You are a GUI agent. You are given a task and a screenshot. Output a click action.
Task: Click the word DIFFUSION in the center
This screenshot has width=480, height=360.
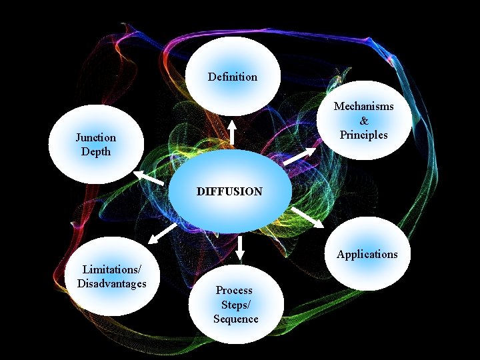(229, 191)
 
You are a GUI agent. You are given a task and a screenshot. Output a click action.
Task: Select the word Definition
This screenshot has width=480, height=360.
(232, 77)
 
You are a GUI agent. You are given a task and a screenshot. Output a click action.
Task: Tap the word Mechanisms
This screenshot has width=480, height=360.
(363, 106)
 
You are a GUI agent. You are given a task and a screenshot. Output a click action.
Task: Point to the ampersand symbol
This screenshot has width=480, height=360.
(363, 121)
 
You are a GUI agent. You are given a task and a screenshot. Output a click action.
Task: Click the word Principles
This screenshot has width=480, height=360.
(363, 135)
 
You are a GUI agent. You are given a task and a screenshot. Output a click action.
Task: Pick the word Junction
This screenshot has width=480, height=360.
(95, 137)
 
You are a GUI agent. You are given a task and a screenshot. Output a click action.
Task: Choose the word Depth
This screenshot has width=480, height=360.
(95, 151)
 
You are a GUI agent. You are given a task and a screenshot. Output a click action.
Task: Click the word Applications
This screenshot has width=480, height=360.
(367, 254)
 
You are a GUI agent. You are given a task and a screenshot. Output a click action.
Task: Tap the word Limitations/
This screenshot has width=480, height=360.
(111, 269)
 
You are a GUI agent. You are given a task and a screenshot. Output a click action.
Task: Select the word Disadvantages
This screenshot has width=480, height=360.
(111, 283)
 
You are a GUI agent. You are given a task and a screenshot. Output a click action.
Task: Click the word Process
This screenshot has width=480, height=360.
(234, 290)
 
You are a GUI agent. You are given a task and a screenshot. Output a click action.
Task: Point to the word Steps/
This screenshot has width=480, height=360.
(236, 305)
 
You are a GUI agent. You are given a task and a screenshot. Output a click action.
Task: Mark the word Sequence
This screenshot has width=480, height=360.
(236, 319)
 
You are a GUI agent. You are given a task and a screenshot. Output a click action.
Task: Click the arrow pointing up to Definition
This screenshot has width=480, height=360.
(232, 132)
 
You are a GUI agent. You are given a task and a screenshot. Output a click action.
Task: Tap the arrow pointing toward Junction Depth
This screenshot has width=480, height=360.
(149, 177)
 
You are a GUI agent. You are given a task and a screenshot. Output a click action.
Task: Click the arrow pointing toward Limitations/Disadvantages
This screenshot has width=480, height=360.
(162, 233)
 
